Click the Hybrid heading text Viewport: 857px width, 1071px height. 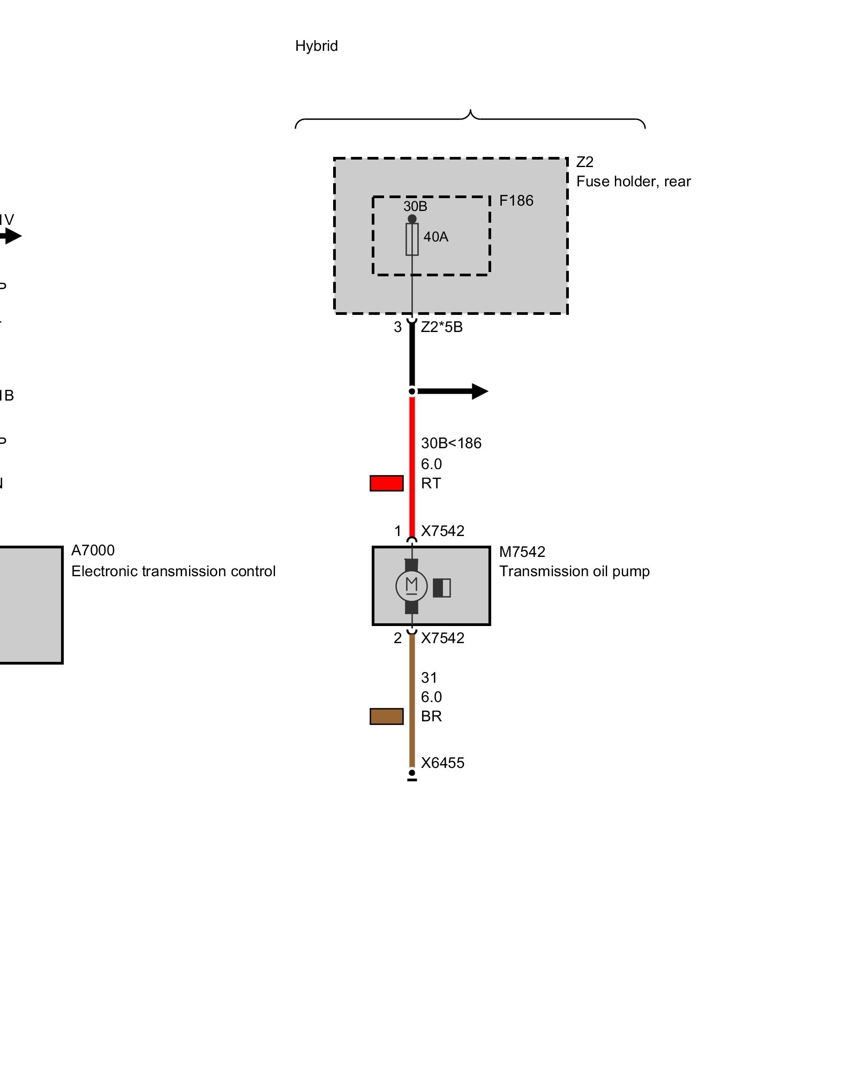(316, 46)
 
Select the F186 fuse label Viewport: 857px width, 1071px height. (516, 201)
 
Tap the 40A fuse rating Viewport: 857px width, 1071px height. (435, 237)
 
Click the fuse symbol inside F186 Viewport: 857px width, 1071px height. (412, 239)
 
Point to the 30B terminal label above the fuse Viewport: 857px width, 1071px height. (415, 206)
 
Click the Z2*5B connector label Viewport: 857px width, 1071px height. (441, 327)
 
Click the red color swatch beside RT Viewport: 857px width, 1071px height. (386, 483)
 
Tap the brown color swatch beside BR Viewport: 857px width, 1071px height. (386, 716)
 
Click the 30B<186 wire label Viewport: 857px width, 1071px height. (451, 443)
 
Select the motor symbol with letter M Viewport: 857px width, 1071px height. (411, 586)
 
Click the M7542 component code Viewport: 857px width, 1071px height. (522, 552)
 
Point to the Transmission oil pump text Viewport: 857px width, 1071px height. (574, 571)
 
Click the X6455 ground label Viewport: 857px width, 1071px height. (442, 763)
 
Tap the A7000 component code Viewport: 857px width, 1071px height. (93, 550)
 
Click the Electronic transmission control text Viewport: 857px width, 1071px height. (173, 571)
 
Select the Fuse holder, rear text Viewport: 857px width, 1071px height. (633, 182)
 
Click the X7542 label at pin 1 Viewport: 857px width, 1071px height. (442, 531)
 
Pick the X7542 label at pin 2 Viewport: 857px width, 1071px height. (442, 638)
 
